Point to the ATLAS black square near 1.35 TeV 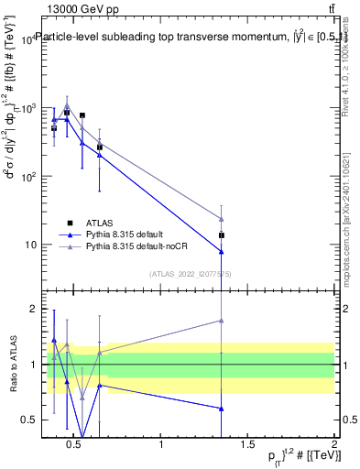pyautogui.click(x=222, y=235)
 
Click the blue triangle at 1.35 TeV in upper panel pyautogui.click(x=222, y=252)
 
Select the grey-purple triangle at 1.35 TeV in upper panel pyautogui.click(x=222, y=218)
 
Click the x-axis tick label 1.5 pyautogui.click(x=247, y=446)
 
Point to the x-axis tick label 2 pyautogui.click(x=333, y=446)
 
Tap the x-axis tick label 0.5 pyautogui.click(x=75, y=446)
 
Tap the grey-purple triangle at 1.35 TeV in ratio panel pyautogui.click(x=222, y=320)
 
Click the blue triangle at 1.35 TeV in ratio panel pyautogui.click(x=222, y=409)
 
